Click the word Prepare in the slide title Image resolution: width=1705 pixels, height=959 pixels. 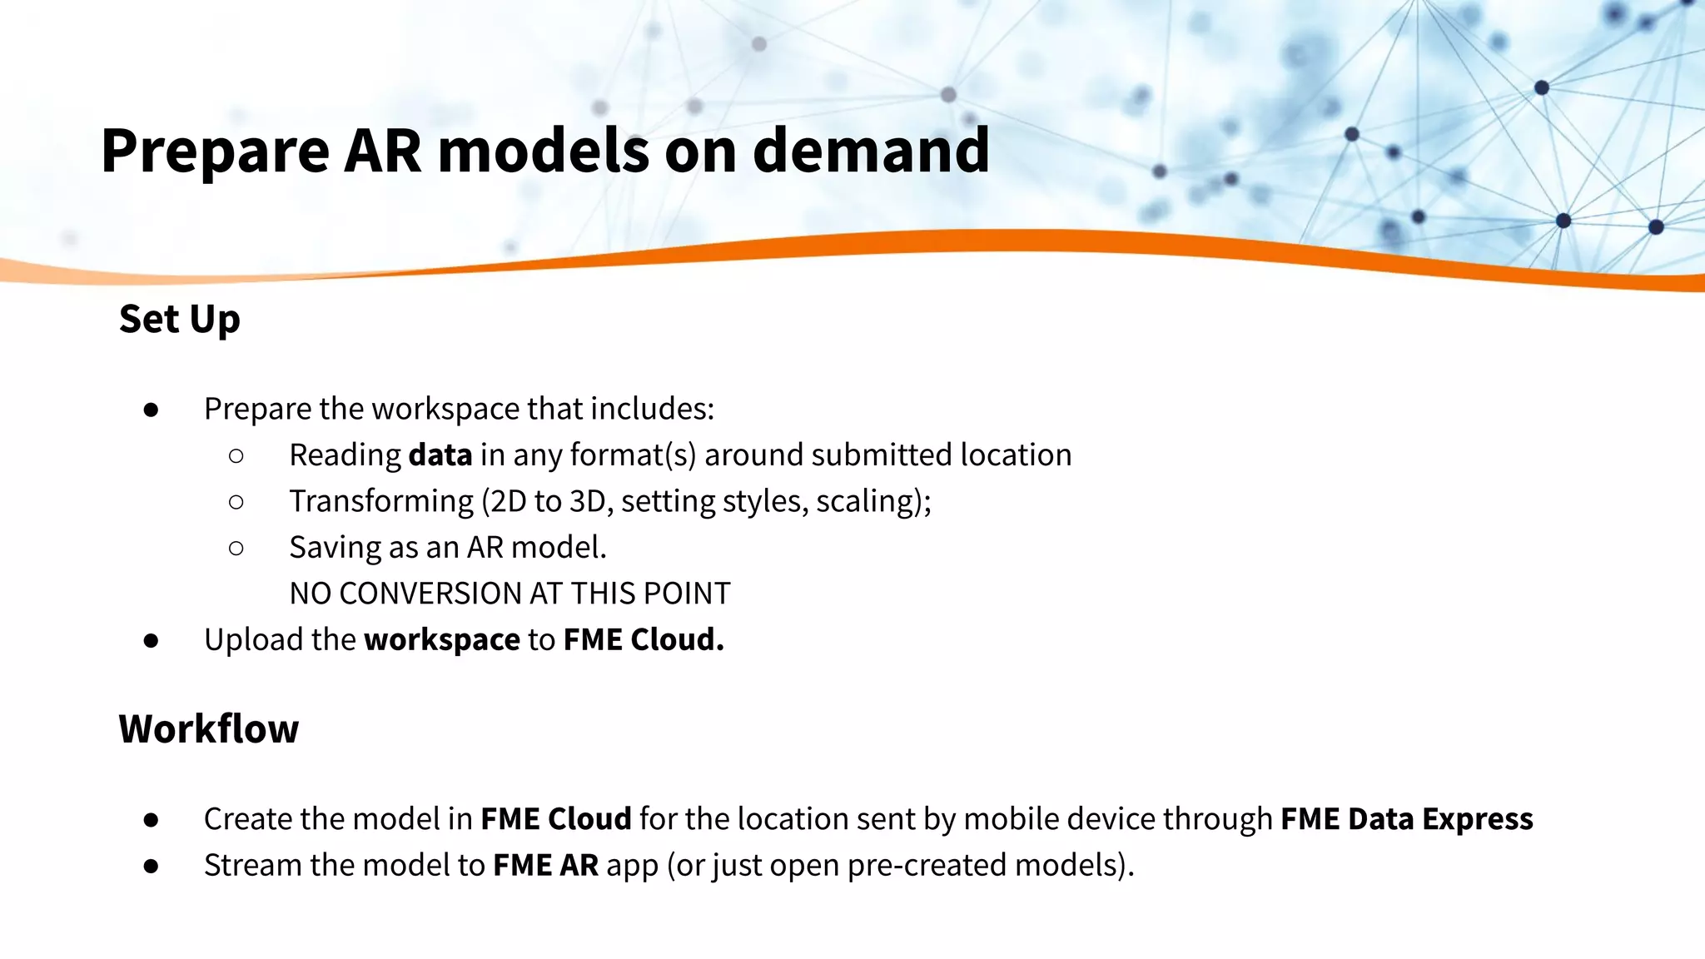click(215, 152)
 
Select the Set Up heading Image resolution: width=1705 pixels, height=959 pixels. click(179, 320)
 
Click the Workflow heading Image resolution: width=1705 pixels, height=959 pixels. click(208, 729)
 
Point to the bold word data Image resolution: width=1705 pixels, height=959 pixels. click(440, 455)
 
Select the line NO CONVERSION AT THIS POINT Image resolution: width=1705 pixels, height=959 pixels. click(510, 594)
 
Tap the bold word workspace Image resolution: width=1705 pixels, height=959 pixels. click(442, 640)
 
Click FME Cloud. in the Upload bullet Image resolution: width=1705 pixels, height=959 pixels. click(644, 640)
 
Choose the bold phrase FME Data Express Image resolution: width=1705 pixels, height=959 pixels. click(1406, 819)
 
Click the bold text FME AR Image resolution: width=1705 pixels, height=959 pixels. click(545, 866)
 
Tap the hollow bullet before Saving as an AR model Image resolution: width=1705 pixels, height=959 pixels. click(236, 548)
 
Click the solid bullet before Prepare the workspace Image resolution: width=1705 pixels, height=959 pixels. click(151, 410)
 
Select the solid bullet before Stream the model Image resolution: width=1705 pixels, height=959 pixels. click(151, 866)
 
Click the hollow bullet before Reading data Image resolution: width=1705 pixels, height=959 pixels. click(236, 455)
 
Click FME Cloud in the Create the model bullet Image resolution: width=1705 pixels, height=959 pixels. click(556, 819)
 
